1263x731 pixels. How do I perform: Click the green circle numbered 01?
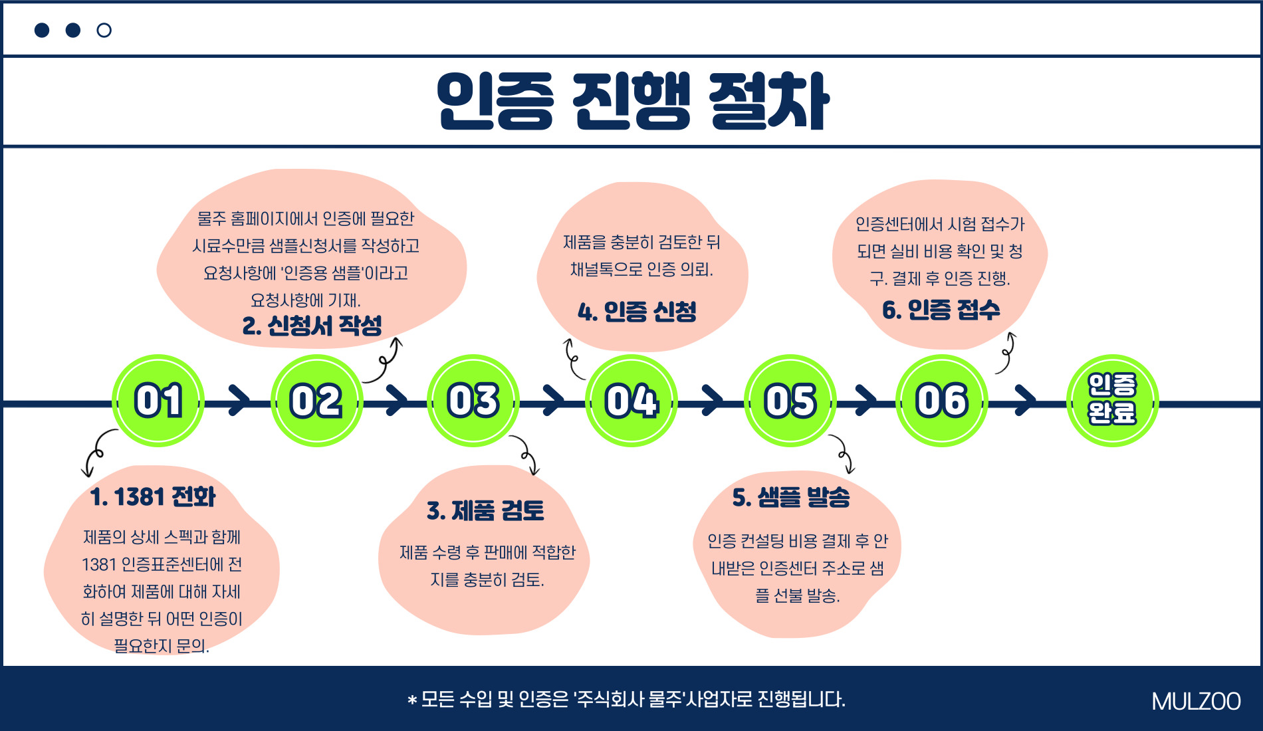158,401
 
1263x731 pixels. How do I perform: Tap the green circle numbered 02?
316,401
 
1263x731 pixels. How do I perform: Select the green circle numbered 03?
473,401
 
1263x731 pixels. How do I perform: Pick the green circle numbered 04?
631,401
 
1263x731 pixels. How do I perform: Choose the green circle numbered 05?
790,401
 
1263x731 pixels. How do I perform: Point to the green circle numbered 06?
942,401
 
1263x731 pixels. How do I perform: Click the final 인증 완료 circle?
1112,401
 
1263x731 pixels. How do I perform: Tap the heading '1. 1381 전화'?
153,496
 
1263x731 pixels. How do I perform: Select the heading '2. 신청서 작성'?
312,325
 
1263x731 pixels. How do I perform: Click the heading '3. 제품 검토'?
486,510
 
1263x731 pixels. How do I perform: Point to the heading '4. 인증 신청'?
637,311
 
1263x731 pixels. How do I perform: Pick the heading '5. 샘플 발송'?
791,496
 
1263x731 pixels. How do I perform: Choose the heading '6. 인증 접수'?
941,310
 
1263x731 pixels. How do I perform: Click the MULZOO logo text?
1196,702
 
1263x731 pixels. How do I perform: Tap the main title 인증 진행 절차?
633,101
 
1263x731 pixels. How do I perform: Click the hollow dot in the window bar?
104,30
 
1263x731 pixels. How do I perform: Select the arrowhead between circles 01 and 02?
239,400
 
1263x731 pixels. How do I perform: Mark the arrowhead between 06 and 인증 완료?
1026,400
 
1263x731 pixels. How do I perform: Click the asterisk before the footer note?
412,700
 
